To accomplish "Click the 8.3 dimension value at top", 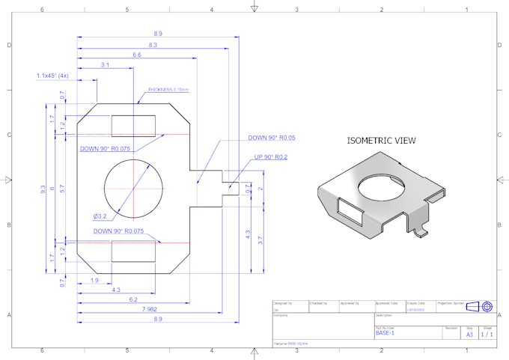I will pyautogui.click(x=153, y=46).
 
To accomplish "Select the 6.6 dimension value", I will pyautogui.click(x=137, y=55).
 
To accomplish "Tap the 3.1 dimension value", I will pyautogui.click(x=105, y=65).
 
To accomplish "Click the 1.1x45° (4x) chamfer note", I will pyautogui.click(x=52, y=76).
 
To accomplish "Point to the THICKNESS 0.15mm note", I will pyautogui.click(x=168, y=89).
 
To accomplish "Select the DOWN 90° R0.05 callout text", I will pyautogui.click(x=272, y=138).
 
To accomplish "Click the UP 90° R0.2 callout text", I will pyautogui.click(x=270, y=157).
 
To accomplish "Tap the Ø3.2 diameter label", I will pyautogui.click(x=100, y=216).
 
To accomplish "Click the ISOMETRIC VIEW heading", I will pyautogui.click(x=381, y=140).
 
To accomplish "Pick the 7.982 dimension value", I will pyautogui.click(x=149, y=308).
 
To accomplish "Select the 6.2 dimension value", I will pyautogui.click(x=132, y=299).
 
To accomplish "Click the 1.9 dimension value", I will pyautogui.click(x=94, y=280).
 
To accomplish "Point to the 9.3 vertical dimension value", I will pyautogui.click(x=43, y=191).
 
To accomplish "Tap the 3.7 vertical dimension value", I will pyautogui.click(x=260, y=240).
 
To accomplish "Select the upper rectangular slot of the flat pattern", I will pyautogui.click(x=133, y=126).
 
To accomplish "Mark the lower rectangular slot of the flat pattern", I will pyautogui.click(x=133, y=251).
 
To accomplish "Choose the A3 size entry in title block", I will pyautogui.click(x=469, y=335).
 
